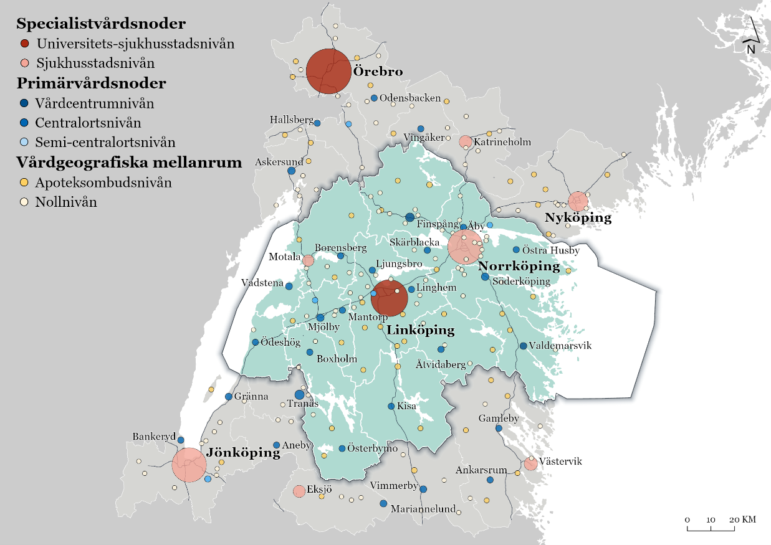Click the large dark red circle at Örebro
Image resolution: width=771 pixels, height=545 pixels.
[x=328, y=72]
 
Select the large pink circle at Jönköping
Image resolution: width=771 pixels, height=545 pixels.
[x=189, y=464]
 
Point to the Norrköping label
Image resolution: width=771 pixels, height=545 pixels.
[x=519, y=266]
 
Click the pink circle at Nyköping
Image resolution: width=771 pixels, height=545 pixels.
[x=578, y=201]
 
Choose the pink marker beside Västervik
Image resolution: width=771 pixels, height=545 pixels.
[x=530, y=463]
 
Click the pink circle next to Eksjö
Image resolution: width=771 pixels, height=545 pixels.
[x=299, y=491]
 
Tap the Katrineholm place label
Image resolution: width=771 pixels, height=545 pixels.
[x=502, y=142]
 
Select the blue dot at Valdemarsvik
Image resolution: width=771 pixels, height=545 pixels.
[x=523, y=346]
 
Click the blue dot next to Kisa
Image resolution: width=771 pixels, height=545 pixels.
[x=391, y=406]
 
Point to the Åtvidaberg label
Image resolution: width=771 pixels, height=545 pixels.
[x=441, y=365]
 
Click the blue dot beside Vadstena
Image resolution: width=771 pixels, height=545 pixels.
[x=289, y=286]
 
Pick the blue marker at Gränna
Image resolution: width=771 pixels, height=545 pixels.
[x=228, y=397]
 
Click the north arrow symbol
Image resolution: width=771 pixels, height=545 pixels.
[x=751, y=37]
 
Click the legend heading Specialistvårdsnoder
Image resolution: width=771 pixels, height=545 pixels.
[x=101, y=24]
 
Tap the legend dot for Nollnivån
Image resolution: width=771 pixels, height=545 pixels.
[x=24, y=202]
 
